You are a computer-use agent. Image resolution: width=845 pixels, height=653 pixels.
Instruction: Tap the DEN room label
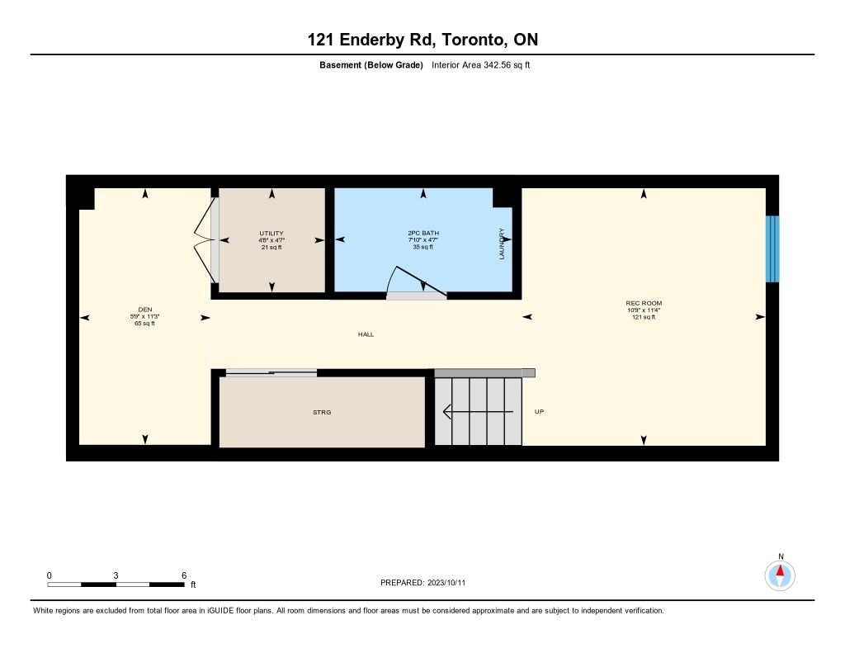click(145, 310)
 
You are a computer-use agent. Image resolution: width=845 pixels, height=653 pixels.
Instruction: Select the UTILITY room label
click(271, 234)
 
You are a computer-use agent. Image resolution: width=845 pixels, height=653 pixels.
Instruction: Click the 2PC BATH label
click(423, 233)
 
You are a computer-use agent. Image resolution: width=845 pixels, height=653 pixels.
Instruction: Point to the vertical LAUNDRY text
click(502, 244)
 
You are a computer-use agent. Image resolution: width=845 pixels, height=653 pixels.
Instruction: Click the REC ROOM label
click(644, 303)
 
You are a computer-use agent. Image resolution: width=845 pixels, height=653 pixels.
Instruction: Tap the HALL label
click(366, 334)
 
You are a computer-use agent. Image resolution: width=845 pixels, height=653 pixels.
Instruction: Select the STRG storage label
click(322, 413)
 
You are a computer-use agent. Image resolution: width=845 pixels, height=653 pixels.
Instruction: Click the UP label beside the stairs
click(539, 411)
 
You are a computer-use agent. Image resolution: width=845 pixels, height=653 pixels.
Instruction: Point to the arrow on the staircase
click(478, 412)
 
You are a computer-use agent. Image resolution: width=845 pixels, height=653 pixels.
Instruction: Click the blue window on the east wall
click(772, 248)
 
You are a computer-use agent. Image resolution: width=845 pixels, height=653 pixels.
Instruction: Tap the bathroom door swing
click(416, 282)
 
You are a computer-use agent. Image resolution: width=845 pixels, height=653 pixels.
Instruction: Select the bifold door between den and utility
click(205, 240)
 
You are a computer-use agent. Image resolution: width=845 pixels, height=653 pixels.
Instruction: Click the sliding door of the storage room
click(271, 372)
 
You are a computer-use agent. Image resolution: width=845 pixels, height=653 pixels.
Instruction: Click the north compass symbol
click(780, 575)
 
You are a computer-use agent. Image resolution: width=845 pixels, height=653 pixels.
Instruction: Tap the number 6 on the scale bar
click(184, 575)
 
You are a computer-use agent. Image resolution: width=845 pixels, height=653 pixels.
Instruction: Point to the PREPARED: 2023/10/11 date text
click(423, 583)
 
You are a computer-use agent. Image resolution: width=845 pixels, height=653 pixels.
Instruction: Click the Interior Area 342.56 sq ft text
click(481, 65)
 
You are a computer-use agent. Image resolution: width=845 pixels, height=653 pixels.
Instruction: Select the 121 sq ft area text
click(644, 318)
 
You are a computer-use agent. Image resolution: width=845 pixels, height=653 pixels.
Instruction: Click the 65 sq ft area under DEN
click(145, 324)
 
